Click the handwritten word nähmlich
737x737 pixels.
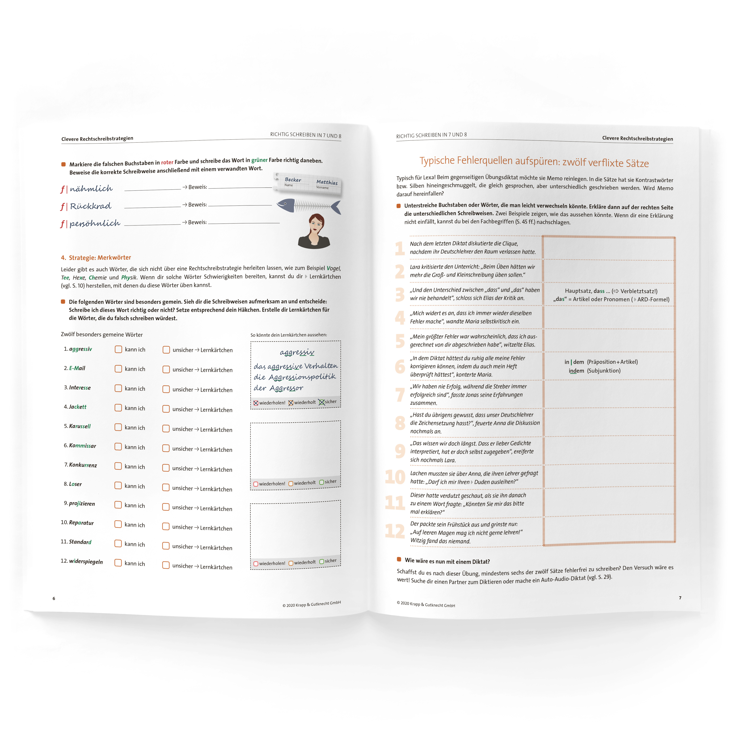click(91, 189)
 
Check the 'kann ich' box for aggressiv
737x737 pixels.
click(118, 349)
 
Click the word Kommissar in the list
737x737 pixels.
click(82, 445)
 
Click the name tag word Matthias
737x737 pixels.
click(327, 182)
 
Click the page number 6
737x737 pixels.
click(54, 598)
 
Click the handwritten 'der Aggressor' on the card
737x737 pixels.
click(278, 388)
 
